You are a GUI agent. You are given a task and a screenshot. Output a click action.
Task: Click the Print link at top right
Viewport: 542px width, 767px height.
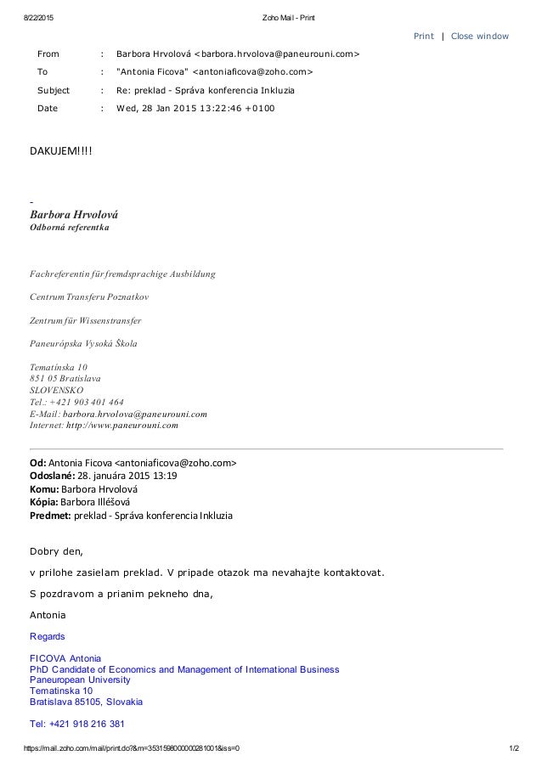tap(423, 36)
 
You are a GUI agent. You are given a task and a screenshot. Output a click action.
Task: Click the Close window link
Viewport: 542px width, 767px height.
tap(480, 36)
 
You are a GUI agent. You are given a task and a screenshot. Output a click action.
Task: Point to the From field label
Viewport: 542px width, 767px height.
tap(48, 54)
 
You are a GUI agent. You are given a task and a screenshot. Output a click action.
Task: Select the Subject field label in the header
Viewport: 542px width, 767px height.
tap(54, 90)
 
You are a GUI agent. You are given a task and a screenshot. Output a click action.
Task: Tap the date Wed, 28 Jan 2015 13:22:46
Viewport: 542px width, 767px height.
tap(195, 108)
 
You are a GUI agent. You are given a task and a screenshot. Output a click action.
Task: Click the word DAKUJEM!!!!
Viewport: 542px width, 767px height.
tap(62, 151)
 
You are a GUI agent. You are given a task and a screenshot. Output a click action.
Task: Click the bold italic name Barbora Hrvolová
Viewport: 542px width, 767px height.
tap(75, 215)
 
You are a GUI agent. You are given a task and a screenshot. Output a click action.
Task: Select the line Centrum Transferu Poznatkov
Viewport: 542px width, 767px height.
tap(89, 298)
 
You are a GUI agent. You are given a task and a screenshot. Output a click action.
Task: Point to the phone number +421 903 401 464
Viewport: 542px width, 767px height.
tap(88, 402)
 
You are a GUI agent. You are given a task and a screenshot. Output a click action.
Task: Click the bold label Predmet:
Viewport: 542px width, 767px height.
tap(50, 515)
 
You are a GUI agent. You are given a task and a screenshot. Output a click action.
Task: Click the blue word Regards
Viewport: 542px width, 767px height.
tap(48, 636)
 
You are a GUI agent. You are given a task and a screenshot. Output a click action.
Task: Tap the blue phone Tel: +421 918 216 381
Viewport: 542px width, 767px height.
tap(77, 725)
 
